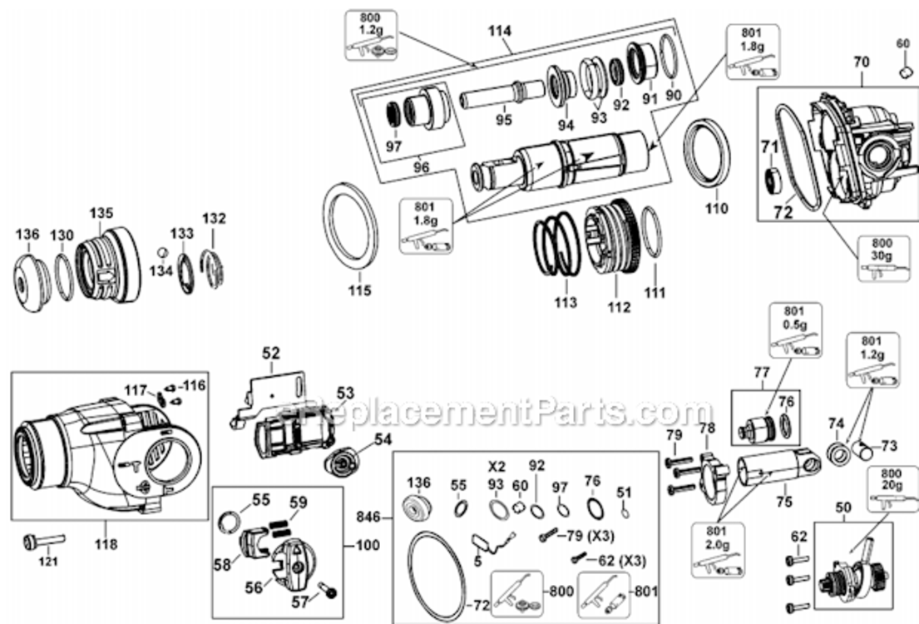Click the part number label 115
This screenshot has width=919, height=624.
pos(359,290)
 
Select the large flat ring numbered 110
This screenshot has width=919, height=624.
pos(707,155)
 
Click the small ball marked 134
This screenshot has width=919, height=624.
pos(164,252)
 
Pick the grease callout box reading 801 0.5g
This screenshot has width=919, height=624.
pos(794,330)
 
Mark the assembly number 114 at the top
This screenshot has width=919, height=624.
pos(499,31)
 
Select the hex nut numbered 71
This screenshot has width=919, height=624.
pos(773,177)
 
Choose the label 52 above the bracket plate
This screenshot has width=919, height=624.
pos(270,353)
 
